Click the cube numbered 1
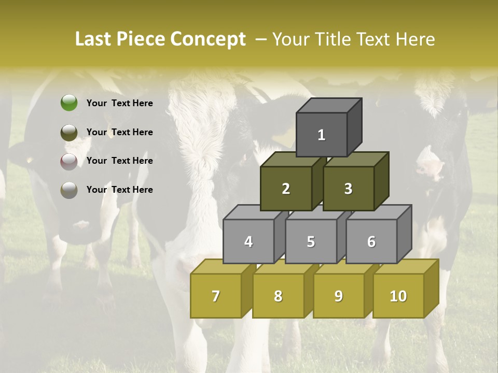click(x=322, y=135)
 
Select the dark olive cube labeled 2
click(x=286, y=189)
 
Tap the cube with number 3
click(x=348, y=189)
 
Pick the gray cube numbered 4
click(x=248, y=241)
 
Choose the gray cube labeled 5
click(x=311, y=241)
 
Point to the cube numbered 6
click(x=371, y=241)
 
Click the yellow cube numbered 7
click(x=216, y=296)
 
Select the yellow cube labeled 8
click(x=278, y=296)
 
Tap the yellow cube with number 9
click(x=339, y=296)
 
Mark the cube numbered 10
click(x=398, y=296)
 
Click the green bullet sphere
click(x=69, y=103)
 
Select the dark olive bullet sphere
click(x=69, y=132)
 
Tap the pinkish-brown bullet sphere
click(x=69, y=161)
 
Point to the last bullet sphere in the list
click(x=69, y=190)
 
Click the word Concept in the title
click(x=208, y=39)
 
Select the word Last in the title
click(x=94, y=39)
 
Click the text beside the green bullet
click(x=120, y=103)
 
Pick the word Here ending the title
click(x=415, y=39)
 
